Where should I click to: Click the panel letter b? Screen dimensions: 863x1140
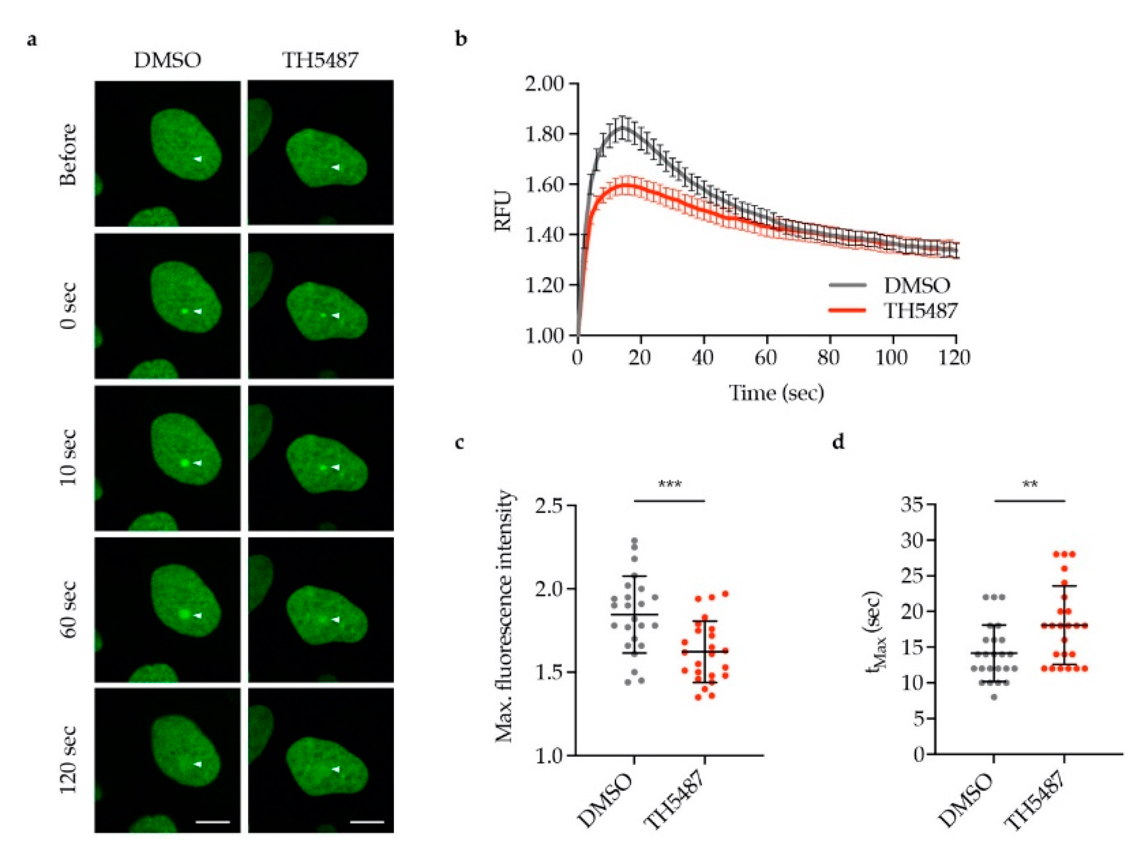[461, 39]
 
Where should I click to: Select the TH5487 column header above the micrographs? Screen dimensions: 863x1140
[320, 61]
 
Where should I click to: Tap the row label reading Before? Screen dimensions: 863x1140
[68, 154]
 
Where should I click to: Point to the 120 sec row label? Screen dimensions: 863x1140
[68, 760]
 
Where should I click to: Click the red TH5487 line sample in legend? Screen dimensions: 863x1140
[847, 310]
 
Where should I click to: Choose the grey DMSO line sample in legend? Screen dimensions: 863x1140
[847, 285]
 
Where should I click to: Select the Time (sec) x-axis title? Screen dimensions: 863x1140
[776, 393]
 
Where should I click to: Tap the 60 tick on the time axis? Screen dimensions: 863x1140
[766, 357]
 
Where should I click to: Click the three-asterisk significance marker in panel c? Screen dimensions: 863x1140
[669, 484]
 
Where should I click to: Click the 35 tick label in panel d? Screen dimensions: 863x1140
[912, 505]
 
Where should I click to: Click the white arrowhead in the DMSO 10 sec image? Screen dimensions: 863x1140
[197, 463]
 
